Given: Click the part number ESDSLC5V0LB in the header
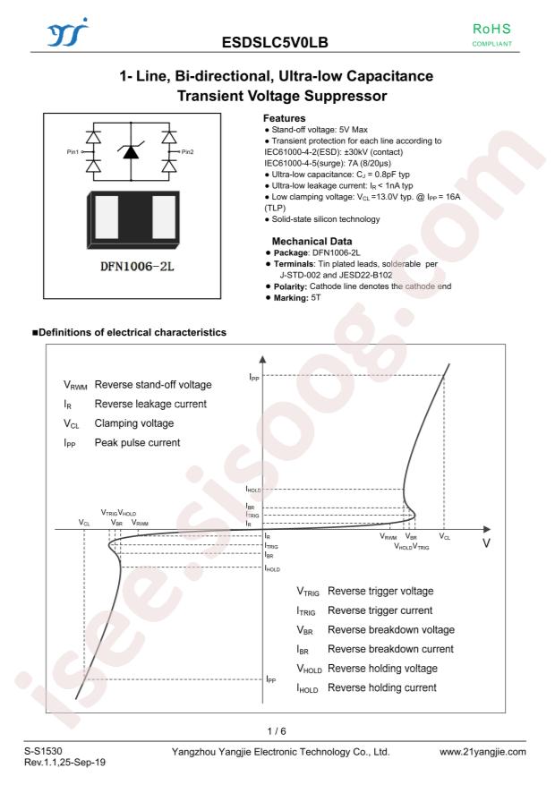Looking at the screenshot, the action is (x=275, y=43).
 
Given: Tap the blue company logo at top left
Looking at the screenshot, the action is (x=67, y=32).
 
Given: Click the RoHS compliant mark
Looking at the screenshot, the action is (x=492, y=35).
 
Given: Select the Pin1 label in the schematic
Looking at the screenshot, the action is (x=73, y=151).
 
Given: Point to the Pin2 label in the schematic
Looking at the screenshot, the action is (x=188, y=151).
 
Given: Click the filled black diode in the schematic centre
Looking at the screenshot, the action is (x=131, y=151).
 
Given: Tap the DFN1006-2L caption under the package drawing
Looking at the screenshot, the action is (x=137, y=267).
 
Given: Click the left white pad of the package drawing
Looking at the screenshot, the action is (x=107, y=218).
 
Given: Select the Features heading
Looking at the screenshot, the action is (x=285, y=118).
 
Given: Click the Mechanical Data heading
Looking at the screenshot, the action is (x=312, y=241).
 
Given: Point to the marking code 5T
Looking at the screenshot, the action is (x=316, y=298).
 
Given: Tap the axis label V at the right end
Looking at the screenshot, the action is (x=486, y=543).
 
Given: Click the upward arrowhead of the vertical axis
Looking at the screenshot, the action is (x=263, y=358).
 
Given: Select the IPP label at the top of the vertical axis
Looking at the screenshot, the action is (x=254, y=377).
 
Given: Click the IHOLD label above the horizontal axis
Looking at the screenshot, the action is (x=253, y=489).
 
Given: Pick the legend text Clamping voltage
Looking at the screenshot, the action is (x=134, y=423).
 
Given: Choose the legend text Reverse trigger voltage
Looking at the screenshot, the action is (x=380, y=591).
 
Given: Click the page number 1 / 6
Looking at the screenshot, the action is (x=277, y=731).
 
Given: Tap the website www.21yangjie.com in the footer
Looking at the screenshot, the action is (x=482, y=752).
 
